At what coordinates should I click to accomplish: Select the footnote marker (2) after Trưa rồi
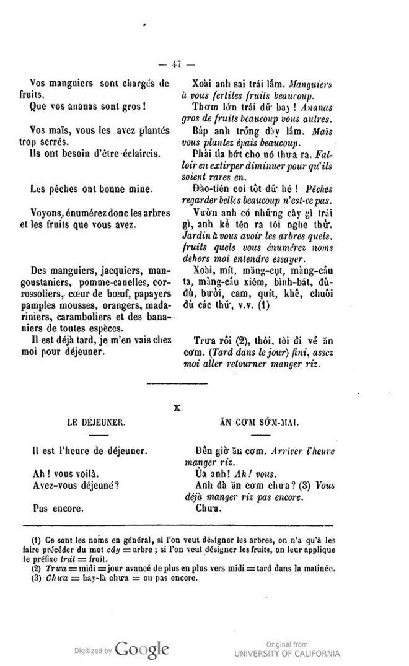click(235, 341)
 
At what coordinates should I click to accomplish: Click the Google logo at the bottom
click(141, 650)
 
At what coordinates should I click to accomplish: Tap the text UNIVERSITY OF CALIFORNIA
click(286, 654)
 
